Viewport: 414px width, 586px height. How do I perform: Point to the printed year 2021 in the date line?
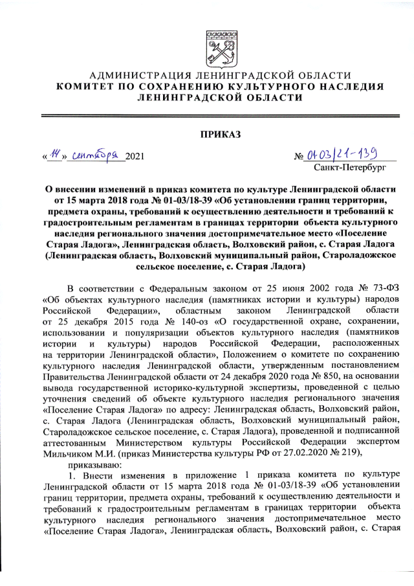(x=135, y=157)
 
